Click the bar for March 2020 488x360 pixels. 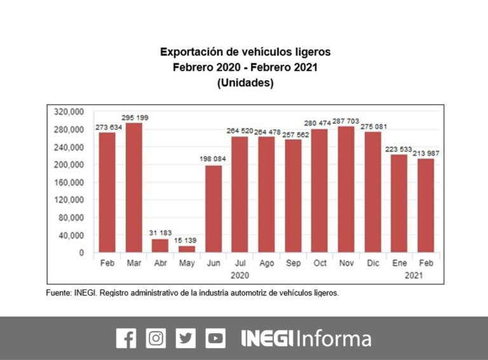(x=133, y=188)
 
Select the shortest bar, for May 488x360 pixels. (x=187, y=249)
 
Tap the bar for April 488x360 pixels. (x=160, y=246)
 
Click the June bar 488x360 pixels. (x=213, y=209)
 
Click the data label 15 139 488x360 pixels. (x=187, y=241)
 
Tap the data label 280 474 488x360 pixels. (x=320, y=123)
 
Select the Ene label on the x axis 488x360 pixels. (x=399, y=263)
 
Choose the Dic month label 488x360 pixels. (x=372, y=263)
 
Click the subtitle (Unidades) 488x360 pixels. (x=245, y=83)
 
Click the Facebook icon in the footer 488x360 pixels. (x=126, y=338)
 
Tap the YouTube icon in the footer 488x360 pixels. (x=215, y=338)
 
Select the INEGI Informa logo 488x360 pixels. (x=306, y=338)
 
